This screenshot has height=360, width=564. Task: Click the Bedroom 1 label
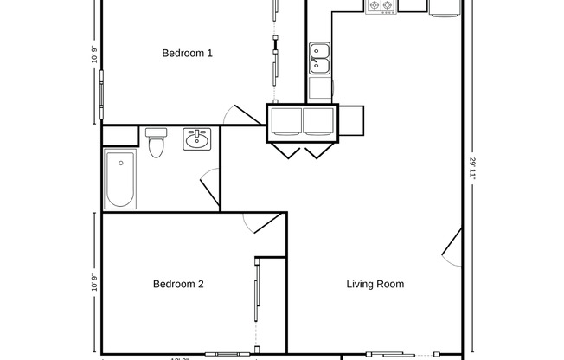188,54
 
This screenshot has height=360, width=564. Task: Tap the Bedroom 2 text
178,284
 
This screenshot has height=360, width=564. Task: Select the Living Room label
375,284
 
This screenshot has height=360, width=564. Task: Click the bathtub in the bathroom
119,179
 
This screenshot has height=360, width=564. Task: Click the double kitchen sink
320,58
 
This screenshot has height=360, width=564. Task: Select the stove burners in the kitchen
381,6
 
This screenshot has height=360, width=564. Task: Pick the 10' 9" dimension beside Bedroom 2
94,283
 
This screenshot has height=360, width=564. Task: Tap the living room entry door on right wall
452,247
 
